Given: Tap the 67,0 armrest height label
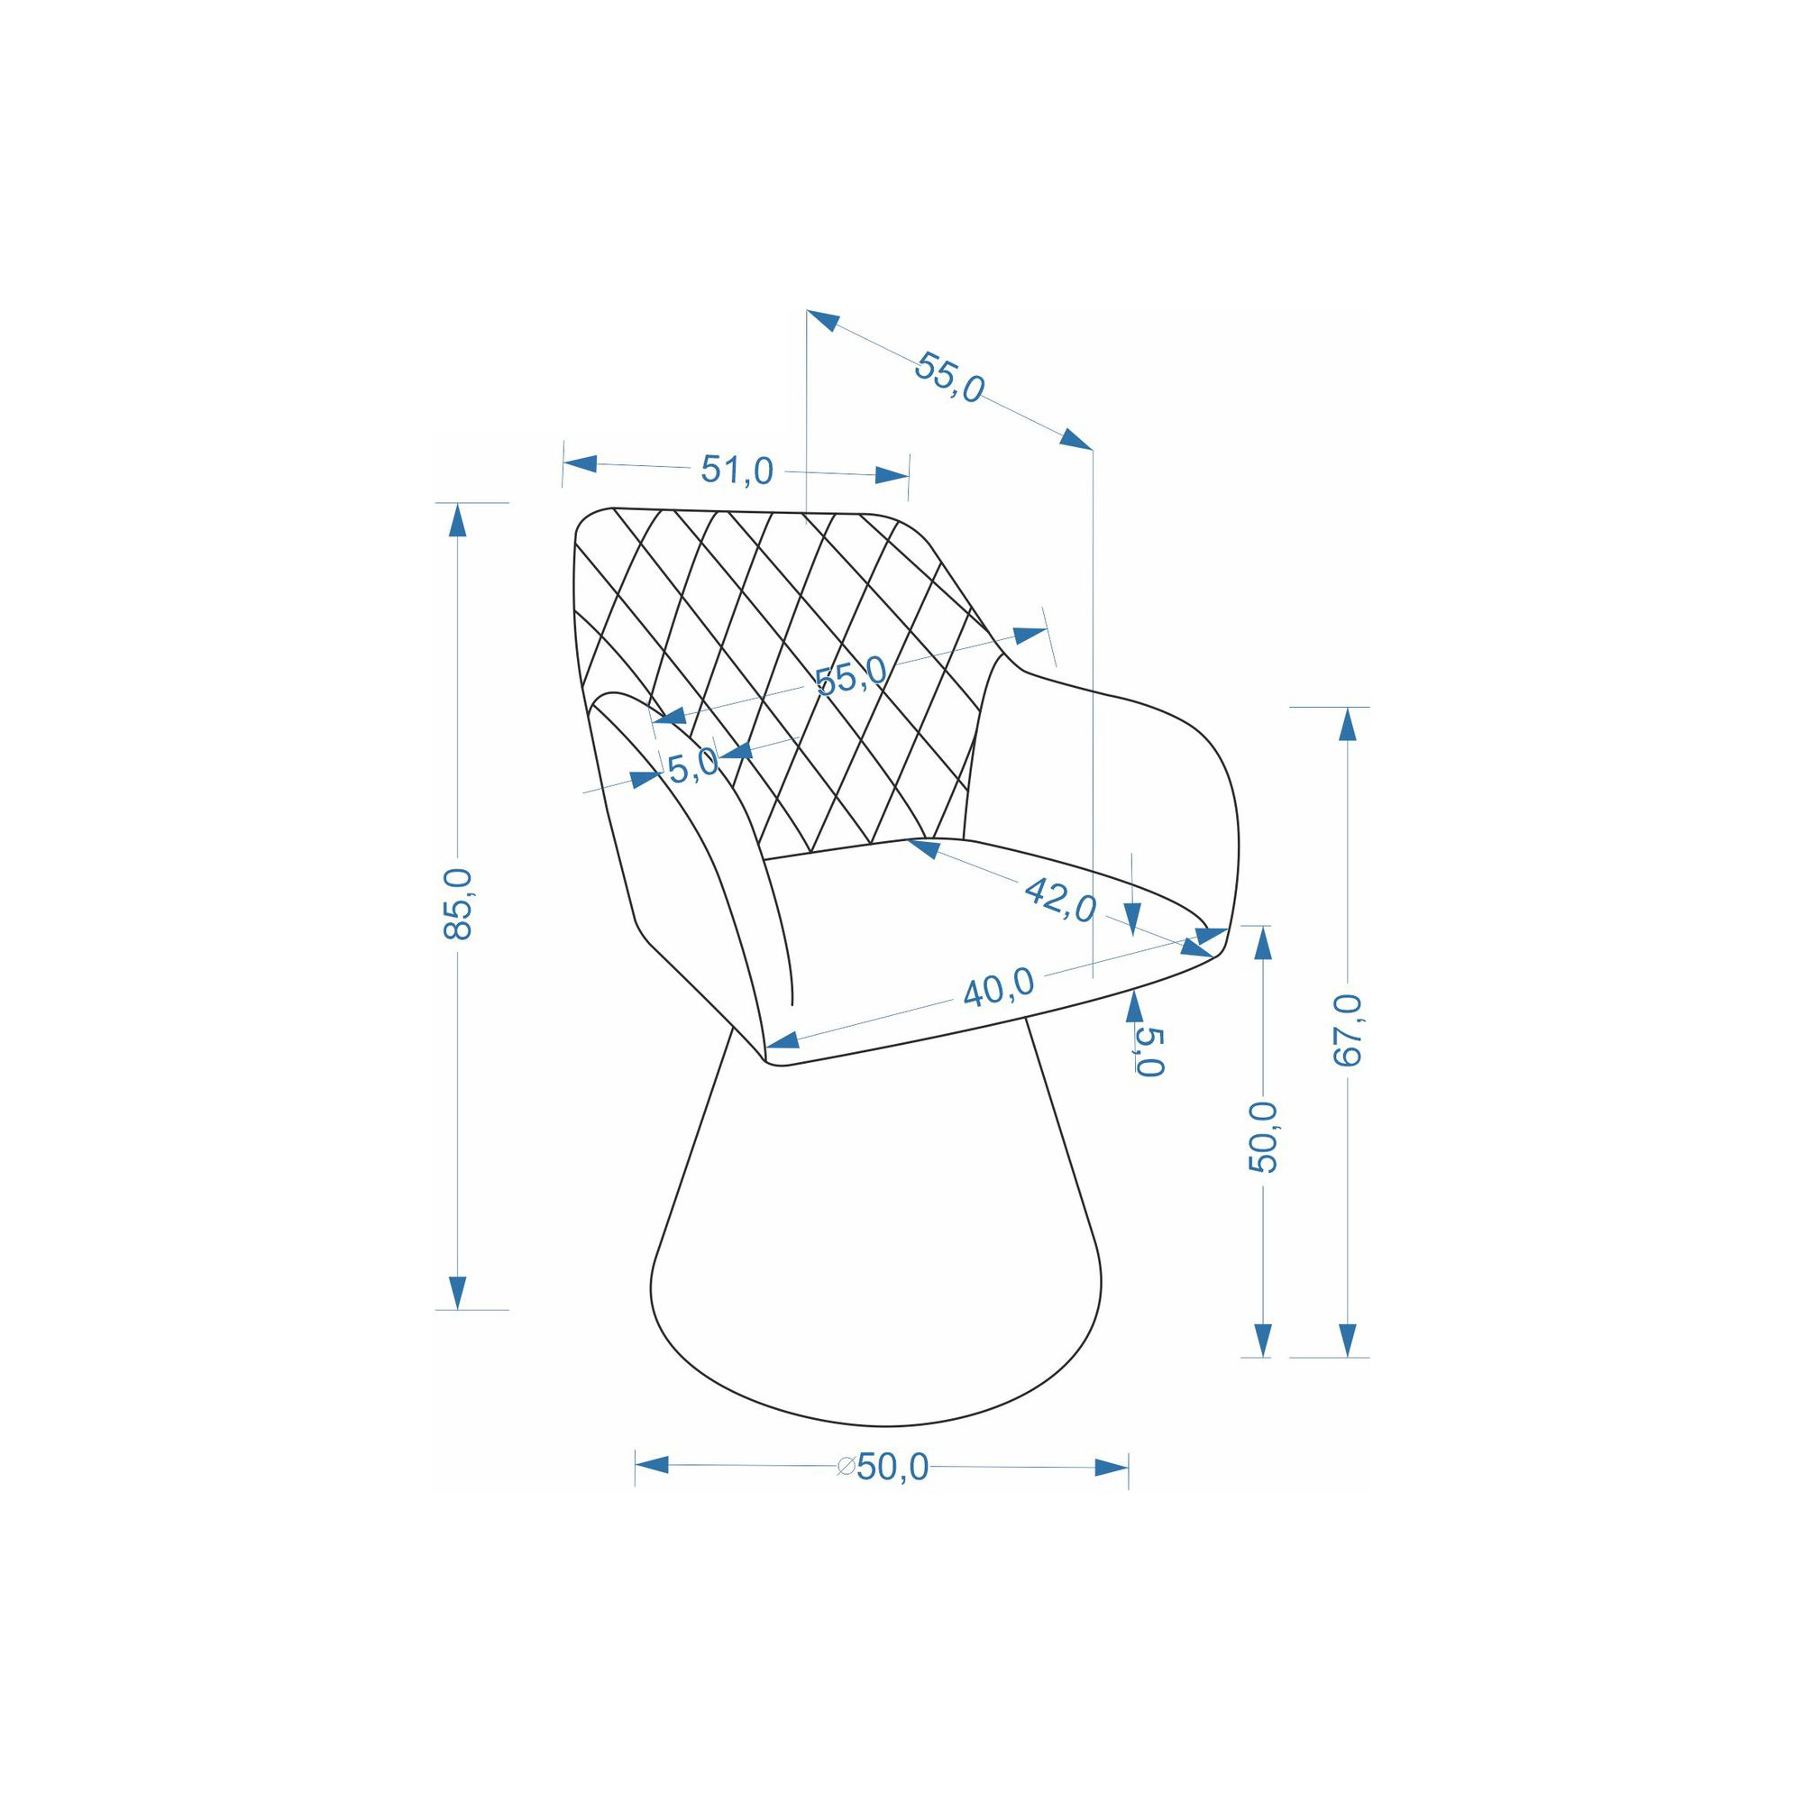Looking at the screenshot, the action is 1348,1030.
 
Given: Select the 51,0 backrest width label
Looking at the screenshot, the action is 737,471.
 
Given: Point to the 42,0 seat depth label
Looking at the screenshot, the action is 1060,900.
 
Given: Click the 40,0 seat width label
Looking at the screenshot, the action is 999,986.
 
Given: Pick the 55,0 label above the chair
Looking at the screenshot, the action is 949,376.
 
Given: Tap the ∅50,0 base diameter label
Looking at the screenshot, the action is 883,1468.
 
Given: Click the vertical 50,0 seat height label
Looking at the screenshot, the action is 1264,1137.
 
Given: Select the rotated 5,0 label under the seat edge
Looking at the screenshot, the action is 1150,1052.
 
